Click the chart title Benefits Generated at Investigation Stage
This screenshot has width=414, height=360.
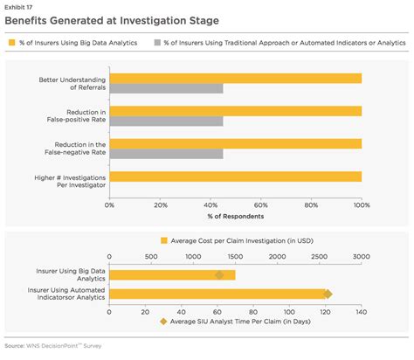tap(112, 19)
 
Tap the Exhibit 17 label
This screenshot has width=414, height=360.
tap(17, 5)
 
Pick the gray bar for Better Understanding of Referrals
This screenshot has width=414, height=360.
tap(165, 88)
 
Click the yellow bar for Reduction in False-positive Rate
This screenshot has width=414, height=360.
tap(235, 111)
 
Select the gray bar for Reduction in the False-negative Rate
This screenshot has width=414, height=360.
tap(165, 154)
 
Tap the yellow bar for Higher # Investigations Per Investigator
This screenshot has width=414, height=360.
tap(235, 177)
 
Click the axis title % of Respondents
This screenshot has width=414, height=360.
tap(235, 215)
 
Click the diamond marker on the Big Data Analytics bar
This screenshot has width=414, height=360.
tap(219, 275)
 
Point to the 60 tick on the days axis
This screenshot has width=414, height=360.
tap(217, 311)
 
